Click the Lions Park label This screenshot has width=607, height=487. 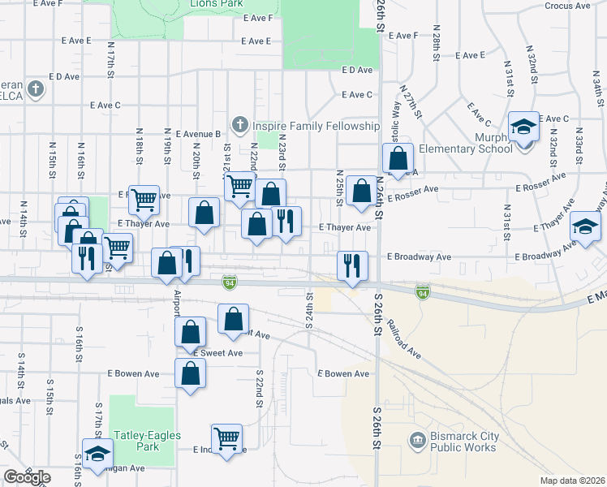tap(217, 4)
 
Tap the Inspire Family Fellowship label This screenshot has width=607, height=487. tap(316, 126)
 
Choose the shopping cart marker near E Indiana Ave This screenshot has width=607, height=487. tap(226, 438)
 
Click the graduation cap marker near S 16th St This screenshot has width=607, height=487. tap(97, 454)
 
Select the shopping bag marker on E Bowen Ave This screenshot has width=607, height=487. tap(190, 373)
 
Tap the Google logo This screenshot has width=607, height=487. tap(27, 477)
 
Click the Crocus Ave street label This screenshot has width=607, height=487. tap(568, 5)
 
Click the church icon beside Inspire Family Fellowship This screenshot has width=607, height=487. tap(239, 126)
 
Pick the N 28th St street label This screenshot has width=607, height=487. tap(436, 45)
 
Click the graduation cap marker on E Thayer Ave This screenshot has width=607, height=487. tap(584, 226)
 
